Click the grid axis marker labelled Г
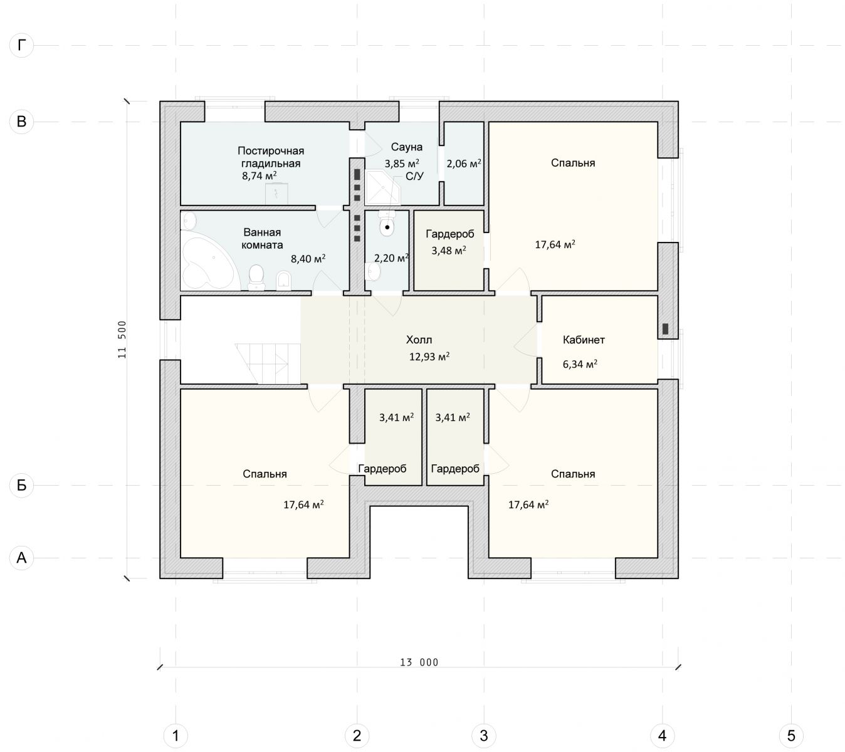pyautogui.click(x=21, y=45)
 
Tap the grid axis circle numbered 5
pyautogui.click(x=791, y=735)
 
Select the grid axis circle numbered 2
pyautogui.click(x=357, y=735)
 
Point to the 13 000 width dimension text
pyautogui.click(x=419, y=662)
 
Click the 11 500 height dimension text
pyautogui.click(x=122, y=340)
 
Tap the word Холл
pyautogui.click(x=419, y=340)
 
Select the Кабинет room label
pyautogui.click(x=584, y=340)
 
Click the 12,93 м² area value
pyautogui.click(x=429, y=357)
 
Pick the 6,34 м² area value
pyautogui.click(x=580, y=364)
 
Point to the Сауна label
pyautogui.click(x=406, y=147)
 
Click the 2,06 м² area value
pyautogui.click(x=464, y=164)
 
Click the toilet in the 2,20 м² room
pyautogui.click(x=387, y=224)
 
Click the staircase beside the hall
pyautogui.click(x=268, y=363)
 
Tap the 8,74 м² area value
pyautogui.click(x=260, y=175)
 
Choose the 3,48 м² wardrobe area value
pyautogui.click(x=449, y=251)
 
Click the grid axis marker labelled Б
pyautogui.click(x=21, y=485)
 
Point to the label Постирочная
pyautogui.click(x=271, y=150)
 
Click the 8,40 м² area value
pyautogui.click(x=308, y=259)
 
